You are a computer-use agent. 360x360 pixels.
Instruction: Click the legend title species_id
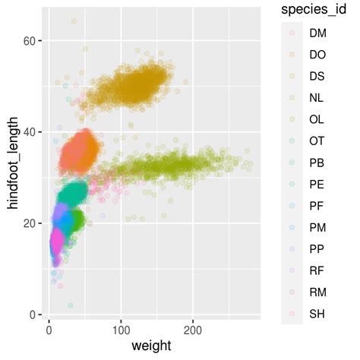click(x=314, y=9)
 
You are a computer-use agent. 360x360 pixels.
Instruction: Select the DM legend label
click(x=317, y=33)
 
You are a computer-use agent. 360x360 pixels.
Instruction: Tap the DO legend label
click(x=317, y=55)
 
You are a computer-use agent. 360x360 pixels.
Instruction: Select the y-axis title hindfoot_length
click(x=13, y=169)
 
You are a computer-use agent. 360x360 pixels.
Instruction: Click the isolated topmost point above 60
click(x=74, y=21)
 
